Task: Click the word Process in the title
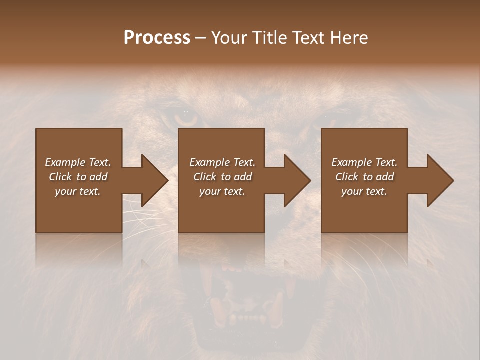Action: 157,38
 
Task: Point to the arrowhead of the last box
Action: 440,180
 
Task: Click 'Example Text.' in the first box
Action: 78,162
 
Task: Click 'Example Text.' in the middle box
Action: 222,162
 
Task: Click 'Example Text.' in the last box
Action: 364,162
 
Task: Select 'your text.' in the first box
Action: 78,191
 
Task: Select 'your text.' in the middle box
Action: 222,191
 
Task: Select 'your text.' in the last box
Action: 364,191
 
